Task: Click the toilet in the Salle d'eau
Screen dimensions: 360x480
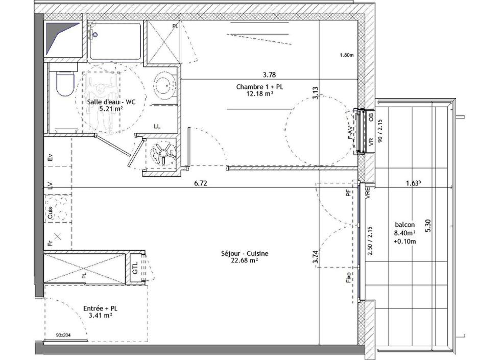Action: (64, 84)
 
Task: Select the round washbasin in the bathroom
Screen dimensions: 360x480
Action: (165, 86)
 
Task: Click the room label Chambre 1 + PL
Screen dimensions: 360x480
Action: (259, 87)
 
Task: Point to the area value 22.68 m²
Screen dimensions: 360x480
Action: (245, 260)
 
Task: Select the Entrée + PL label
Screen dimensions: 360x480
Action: (100, 308)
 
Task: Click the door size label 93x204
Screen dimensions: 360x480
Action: (64, 335)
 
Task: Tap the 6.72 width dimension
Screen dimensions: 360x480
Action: (200, 183)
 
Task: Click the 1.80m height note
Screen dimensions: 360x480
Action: (346, 55)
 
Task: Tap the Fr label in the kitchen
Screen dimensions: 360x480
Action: (50, 243)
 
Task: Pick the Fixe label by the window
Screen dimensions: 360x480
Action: (349, 278)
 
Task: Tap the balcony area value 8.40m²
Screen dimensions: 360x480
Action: (404, 233)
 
